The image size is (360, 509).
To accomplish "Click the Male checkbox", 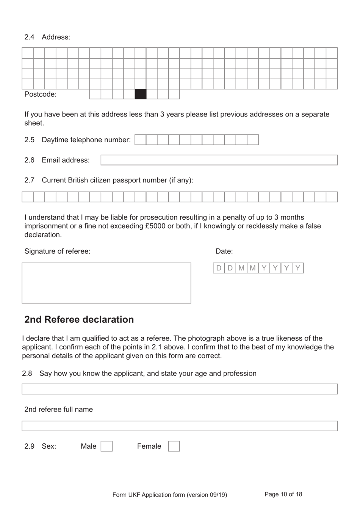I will [x=106, y=446].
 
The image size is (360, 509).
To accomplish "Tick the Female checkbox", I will [x=174, y=446].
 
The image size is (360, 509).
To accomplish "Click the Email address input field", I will [x=219, y=160].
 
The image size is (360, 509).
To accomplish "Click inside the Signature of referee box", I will [x=106, y=283].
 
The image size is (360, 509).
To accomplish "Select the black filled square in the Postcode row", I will [x=141, y=94].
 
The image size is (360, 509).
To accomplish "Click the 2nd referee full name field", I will [x=179, y=426].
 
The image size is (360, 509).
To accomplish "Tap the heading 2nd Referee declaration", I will [x=79, y=319].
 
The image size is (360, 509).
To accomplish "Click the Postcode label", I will [x=40, y=94].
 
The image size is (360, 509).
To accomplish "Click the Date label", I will [x=224, y=251].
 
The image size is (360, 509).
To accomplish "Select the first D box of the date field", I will [x=219, y=268].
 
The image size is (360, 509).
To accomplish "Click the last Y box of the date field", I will [x=298, y=268].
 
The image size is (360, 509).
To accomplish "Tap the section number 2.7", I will [x=29, y=180].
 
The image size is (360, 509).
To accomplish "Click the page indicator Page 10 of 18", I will [x=283, y=494].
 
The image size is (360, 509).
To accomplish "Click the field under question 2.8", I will [x=179, y=389].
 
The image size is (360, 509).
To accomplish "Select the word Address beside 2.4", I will [x=56, y=37].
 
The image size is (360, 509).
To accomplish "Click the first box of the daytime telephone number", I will [x=140, y=140].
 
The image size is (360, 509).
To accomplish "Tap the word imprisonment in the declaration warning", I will [x=45, y=226].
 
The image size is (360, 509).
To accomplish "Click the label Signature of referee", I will [x=57, y=251].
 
